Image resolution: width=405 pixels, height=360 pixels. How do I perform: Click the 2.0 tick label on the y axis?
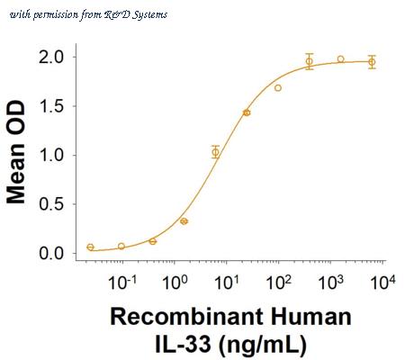pos(52,57)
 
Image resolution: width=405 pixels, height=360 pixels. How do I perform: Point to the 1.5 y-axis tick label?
pos(52,106)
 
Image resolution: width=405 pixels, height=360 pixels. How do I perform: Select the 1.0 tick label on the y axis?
pos(52,155)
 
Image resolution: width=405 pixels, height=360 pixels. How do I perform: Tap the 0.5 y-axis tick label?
pos(52,204)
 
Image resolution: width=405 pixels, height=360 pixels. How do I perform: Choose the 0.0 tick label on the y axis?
pos(52,254)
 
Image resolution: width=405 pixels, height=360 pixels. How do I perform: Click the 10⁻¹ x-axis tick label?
pos(122,282)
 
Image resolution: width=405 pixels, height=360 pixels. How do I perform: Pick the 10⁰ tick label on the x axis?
pos(175,282)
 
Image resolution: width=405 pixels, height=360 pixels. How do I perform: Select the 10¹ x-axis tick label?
pos(227,282)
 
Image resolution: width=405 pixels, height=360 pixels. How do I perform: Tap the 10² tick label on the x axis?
pos(279,282)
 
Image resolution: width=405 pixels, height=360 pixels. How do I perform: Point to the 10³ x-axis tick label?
pos(331,282)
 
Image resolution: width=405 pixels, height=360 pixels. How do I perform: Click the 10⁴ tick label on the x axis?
pos(383,282)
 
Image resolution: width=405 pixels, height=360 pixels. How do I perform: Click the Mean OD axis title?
pos(16,152)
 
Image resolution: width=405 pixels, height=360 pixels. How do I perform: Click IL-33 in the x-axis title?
pos(183,344)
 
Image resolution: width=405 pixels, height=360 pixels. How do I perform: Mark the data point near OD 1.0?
pos(215,152)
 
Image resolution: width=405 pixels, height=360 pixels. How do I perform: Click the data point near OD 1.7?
pos(278,88)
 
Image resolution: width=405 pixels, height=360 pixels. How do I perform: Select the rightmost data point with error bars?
pos(372,62)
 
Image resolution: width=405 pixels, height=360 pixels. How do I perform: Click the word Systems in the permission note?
pos(149,15)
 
